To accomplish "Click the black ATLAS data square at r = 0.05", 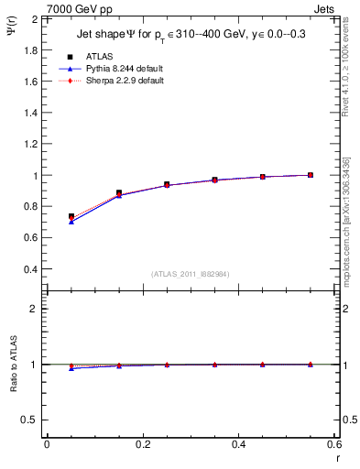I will point(71,216).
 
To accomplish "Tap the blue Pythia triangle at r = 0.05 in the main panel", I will point(71,222).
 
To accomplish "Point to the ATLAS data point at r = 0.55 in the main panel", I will point(311,175).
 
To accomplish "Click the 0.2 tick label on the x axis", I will point(142,444).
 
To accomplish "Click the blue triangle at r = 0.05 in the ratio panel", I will point(71,368).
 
